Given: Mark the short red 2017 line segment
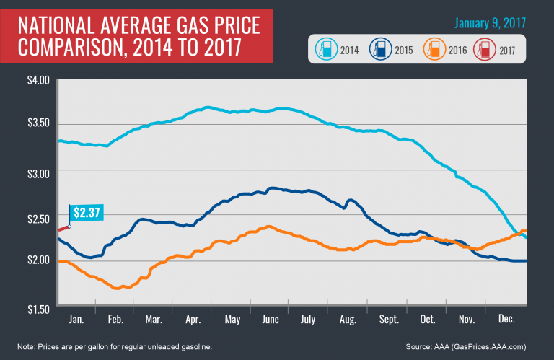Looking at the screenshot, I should [x=63, y=228].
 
